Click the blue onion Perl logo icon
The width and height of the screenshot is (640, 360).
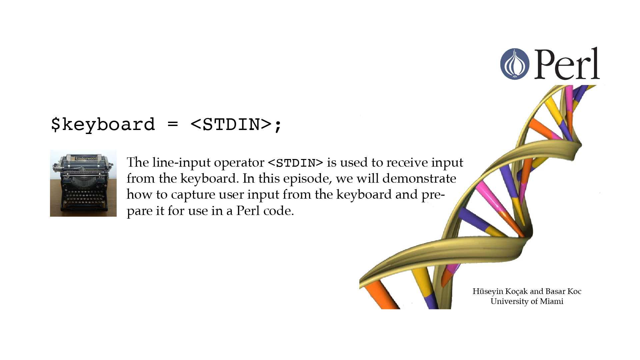click(x=515, y=64)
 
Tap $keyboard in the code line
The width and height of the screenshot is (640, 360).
click(x=103, y=125)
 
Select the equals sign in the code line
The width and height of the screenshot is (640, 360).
click(x=173, y=125)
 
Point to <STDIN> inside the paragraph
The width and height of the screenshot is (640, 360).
click(x=295, y=163)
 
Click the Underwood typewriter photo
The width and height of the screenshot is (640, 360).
click(x=83, y=183)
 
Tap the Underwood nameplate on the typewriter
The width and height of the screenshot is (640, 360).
click(x=86, y=158)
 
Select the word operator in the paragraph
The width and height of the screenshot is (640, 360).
click(x=239, y=163)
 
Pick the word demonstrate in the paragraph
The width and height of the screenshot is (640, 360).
click(x=419, y=178)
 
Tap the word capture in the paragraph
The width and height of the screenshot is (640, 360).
click(x=193, y=195)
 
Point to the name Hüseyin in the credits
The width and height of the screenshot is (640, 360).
click(x=488, y=292)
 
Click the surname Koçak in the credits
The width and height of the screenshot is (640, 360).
click(x=516, y=292)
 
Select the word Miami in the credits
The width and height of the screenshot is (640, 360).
click(x=552, y=301)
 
